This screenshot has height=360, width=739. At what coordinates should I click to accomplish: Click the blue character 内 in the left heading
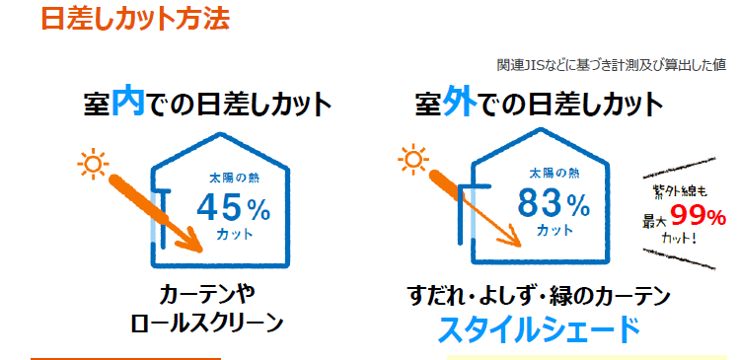click(x=129, y=105)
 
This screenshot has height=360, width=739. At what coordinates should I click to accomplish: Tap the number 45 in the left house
click(x=218, y=207)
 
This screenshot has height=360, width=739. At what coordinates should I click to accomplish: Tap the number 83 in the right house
click(x=541, y=205)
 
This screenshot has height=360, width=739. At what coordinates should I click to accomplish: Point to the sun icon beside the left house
click(x=92, y=160)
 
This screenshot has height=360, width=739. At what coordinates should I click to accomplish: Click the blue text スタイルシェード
click(x=538, y=330)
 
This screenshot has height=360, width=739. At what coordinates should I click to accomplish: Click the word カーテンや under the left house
click(x=206, y=294)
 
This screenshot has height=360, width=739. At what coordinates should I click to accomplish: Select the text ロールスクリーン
click(x=206, y=323)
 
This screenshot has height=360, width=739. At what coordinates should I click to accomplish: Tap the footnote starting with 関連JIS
click(x=611, y=65)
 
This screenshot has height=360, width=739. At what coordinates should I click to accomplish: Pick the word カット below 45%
click(x=233, y=235)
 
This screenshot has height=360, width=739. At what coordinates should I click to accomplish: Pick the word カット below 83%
click(x=554, y=231)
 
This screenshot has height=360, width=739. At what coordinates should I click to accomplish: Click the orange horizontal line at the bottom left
click(x=125, y=358)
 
